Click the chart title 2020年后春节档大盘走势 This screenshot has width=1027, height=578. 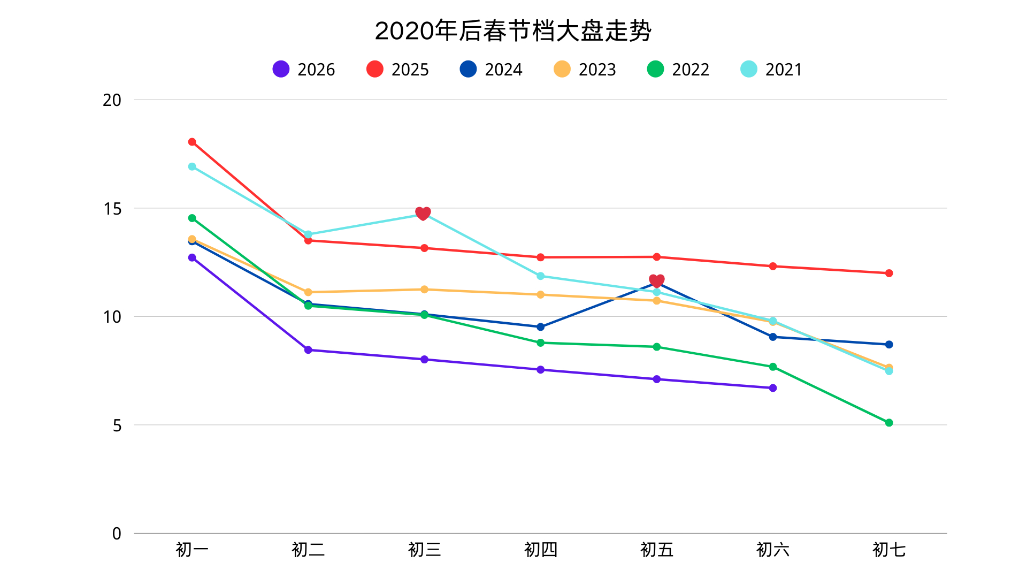pos(513,31)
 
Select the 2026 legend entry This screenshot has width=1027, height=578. pos(303,70)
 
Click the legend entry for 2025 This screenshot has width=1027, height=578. pos(397,70)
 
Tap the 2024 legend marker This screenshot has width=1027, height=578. pos(468,69)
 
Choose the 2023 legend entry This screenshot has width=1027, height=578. pos(585,70)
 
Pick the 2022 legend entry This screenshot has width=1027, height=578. pos(678,70)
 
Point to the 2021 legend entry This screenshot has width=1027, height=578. pos(771,70)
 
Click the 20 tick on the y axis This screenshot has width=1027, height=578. pos(112,100)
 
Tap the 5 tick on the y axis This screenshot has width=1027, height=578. pos(117,425)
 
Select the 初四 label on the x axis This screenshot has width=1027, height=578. pos(540,550)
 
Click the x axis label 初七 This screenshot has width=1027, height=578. pos(888,550)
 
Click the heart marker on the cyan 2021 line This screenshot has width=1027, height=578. pos(423,214)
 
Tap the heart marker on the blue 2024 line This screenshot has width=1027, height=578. pos(656,281)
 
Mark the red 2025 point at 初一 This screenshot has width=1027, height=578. pos(192,142)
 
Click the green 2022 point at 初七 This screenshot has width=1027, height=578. pos(888,423)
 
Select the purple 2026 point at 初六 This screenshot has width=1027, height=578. pos(772,388)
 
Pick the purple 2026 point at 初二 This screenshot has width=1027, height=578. pos(308,350)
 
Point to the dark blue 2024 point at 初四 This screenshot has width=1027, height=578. pos(540,327)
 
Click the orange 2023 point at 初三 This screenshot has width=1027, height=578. pos(424,290)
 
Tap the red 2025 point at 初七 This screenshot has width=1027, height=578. pos(888,273)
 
